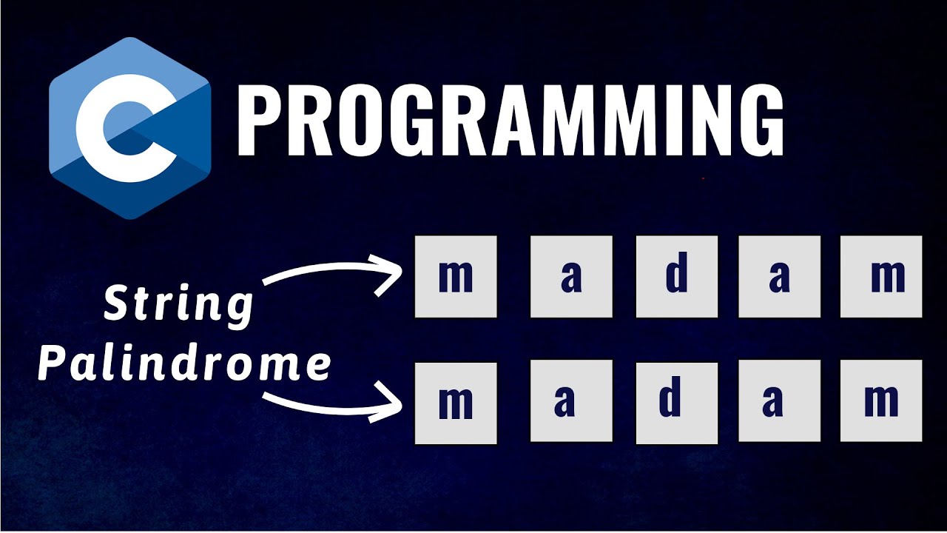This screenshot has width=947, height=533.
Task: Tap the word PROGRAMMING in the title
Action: (510, 120)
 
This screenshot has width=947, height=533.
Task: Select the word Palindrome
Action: (184, 365)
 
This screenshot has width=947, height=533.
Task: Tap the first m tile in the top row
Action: (456, 276)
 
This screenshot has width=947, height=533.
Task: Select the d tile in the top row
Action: (676, 276)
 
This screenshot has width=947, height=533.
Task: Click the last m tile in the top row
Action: (881, 276)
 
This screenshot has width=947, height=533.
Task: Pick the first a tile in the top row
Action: (571, 276)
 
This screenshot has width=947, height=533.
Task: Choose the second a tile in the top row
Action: (779, 276)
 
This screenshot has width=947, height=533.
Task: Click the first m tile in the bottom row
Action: (456, 403)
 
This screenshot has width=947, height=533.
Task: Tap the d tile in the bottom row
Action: (676, 403)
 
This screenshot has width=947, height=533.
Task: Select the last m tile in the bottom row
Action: (881, 403)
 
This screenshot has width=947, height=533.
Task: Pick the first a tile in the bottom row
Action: (571, 403)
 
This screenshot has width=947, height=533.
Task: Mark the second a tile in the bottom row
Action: (779, 403)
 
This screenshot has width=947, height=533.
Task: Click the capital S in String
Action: (118, 304)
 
